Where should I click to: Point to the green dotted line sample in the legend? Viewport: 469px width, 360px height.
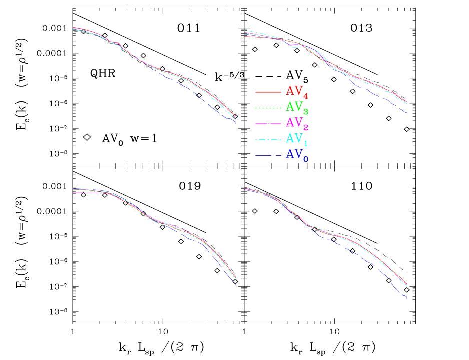pyautogui.click(x=268, y=108)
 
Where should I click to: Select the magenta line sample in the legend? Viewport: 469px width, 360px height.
pyautogui.click(x=268, y=124)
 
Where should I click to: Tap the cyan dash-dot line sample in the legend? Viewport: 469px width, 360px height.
pyautogui.click(x=268, y=140)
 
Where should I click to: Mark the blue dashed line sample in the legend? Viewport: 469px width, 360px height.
pyautogui.click(x=268, y=156)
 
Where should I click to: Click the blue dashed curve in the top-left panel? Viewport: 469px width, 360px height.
pyautogui.click(x=200, y=96)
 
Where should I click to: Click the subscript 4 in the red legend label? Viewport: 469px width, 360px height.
pyautogui.click(x=306, y=95)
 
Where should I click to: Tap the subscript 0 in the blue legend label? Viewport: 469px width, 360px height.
pyautogui.click(x=306, y=159)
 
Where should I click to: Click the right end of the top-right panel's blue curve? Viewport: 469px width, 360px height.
pyautogui.click(x=406, y=112)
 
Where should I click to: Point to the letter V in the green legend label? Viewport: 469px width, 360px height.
pyautogui.click(x=298, y=107)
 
